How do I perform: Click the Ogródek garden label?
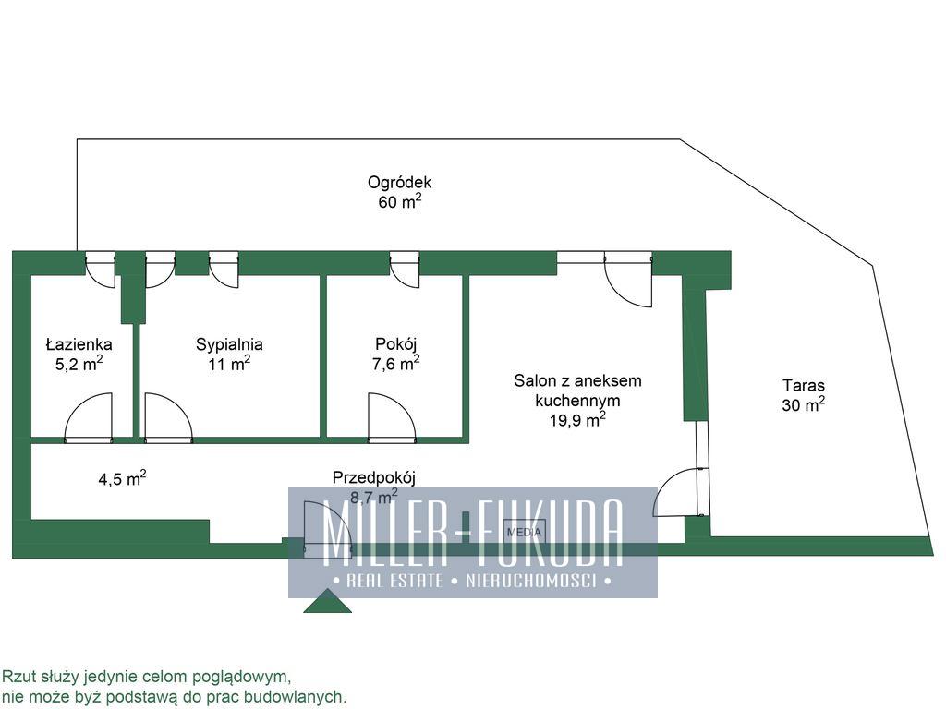[x=399, y=182]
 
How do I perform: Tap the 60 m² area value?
[x=399, y=200]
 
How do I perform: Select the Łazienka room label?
[x=79, y=344]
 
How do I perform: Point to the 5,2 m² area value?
[x=79, y=364]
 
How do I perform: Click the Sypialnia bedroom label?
[x=229, y=344]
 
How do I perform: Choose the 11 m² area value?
[x=229, y=364]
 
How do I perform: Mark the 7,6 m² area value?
[x=396, y=363]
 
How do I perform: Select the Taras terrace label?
[x=804, y=385]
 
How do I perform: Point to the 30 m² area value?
[x=804, y=404]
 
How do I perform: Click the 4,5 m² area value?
[x=123, y=479]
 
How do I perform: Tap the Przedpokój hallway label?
[x=374, y=477]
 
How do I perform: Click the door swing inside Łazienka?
[x=88, y=416]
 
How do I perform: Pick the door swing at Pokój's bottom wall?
[x=392, y=416]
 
